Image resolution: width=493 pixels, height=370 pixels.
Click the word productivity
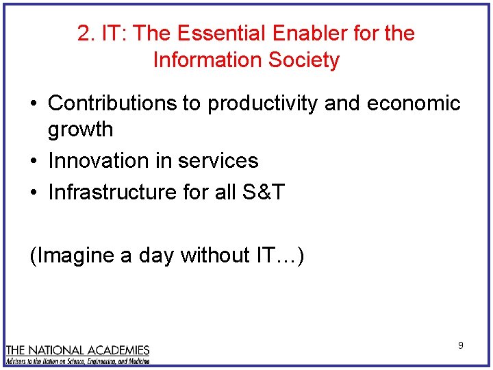pyautogui.click(x=263, y=104)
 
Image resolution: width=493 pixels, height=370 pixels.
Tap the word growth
pyautogui.click(x=80, y=129)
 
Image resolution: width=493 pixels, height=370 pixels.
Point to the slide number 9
pyautogui.click(x=461, y=345)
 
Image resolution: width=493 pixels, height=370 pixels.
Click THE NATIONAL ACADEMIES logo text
pyautogui.click(x=77, y=350)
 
